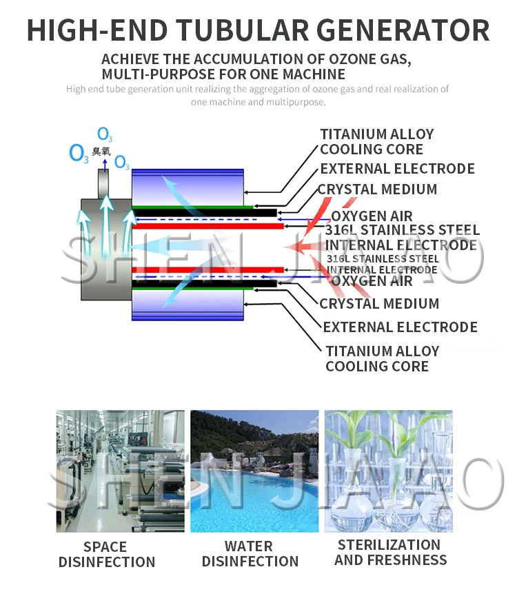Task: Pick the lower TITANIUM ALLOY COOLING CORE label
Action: [x=381, y=358]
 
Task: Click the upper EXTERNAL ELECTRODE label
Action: [x=397, y=169]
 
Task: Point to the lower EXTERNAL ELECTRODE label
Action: [x=400, y=327]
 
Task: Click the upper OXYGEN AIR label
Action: [x=372, y=216]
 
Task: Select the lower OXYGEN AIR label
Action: [x=372, y=281]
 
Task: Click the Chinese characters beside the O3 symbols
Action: [x=101, y=150]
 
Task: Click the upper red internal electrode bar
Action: [x=207, y=225]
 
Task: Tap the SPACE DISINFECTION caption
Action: [x=106, y=554]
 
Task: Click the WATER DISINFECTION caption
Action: [x=250, y=554]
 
